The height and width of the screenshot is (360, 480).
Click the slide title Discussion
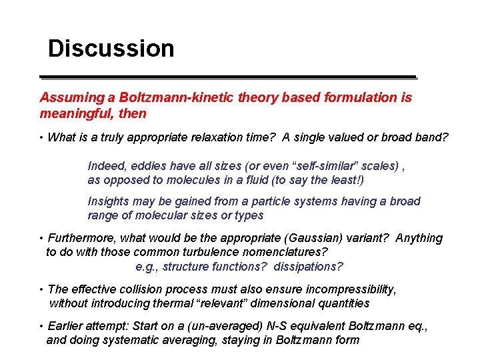[x=111, y=49]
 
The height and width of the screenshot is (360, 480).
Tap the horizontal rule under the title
[x=227, y=76]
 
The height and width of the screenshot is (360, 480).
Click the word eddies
[x=149, y=166]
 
